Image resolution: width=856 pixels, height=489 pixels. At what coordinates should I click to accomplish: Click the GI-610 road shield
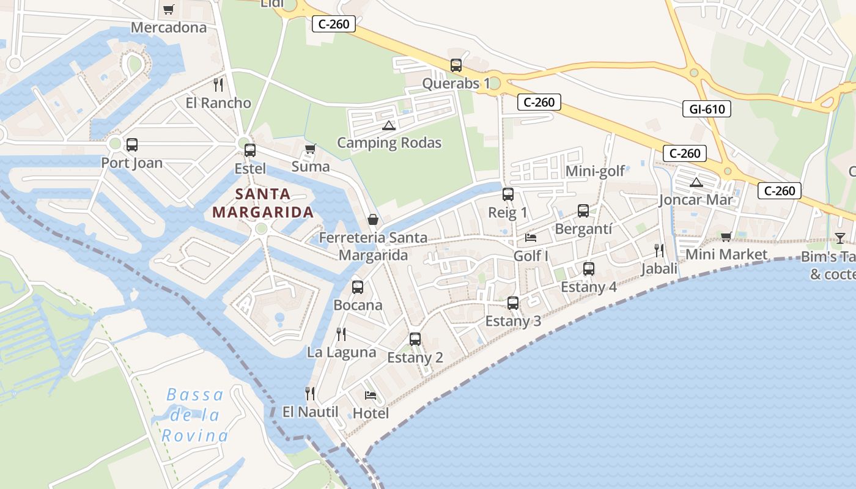pyautogui.click(x=706, y=109)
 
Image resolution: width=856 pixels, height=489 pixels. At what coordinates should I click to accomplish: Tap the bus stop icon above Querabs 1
pyautogui.click(x=456, y=65)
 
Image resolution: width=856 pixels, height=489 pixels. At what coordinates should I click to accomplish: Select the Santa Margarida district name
pyautogui.click(x=262, y=204)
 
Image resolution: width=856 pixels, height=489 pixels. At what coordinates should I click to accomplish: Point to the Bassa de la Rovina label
pyautogui.click(x=195, y=415)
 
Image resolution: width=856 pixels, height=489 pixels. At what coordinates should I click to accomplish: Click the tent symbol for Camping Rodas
pyautogui.click(x=388, y=126)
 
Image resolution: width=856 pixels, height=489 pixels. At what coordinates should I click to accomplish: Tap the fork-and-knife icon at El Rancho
pyautogui.click(x=218, y=85)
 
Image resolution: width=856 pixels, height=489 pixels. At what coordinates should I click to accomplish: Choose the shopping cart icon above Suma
pyautogui.click(x=310, y=149)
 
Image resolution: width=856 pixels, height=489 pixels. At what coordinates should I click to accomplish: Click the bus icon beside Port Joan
pyautogui.click(x=131, y=145)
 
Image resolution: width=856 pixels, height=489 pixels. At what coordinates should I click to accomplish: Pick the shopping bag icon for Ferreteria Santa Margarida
pyautogui.click(x=372, y=219)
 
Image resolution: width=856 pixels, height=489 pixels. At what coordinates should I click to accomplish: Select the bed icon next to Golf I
pyautogui.click(x=531, y=237)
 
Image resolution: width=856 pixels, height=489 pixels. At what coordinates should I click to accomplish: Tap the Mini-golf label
pyautogui.click(x=595, y=171)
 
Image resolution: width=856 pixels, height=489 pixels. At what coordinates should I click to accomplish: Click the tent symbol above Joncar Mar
pyautogui.click(x=696, y=182)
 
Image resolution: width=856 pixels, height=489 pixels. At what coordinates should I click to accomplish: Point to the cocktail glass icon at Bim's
pyautogui.click(x=839, y=238)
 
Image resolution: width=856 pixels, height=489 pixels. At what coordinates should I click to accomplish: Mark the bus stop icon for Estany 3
pyautogui.click(x=513, y=303)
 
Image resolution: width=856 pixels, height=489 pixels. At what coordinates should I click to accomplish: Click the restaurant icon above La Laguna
pyautogui.click(x=341, y=334)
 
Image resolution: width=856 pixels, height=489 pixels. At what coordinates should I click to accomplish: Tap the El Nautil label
pyautogui.click(x=310, y=412)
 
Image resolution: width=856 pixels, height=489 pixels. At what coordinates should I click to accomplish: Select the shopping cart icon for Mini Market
pyautogui.click(x=726, y=237)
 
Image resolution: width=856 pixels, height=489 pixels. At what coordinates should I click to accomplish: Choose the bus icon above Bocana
pyautogui.click(x=358, y=287)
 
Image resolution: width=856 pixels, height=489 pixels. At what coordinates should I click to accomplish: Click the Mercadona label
pyautogui.click(x=169, y=28)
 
